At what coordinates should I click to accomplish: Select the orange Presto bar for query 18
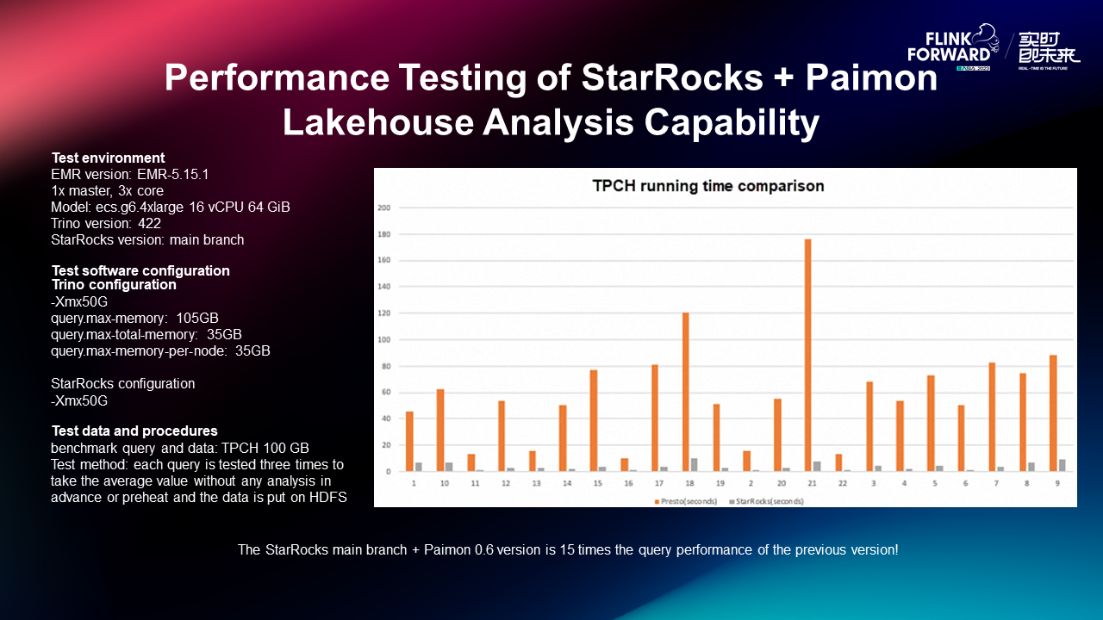(685, 392)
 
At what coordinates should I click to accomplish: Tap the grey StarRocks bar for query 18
(695, 465)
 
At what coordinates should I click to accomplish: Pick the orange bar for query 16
(625, 465)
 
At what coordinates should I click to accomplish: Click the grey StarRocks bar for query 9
(1062, 465)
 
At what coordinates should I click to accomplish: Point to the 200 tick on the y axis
(384, 208)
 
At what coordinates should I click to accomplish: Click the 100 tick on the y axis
(384, 339)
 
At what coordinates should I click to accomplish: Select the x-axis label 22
(843, 485)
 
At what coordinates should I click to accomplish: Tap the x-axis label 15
(597, 485)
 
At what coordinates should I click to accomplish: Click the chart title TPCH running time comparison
(707, 185)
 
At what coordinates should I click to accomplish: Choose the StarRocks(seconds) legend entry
(770, 501)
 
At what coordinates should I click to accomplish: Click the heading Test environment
(108, 158)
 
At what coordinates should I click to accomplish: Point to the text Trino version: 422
(106, 223)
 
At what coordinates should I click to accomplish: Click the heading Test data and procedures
(134, 431)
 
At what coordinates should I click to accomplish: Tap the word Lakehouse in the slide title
(375, 123)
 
